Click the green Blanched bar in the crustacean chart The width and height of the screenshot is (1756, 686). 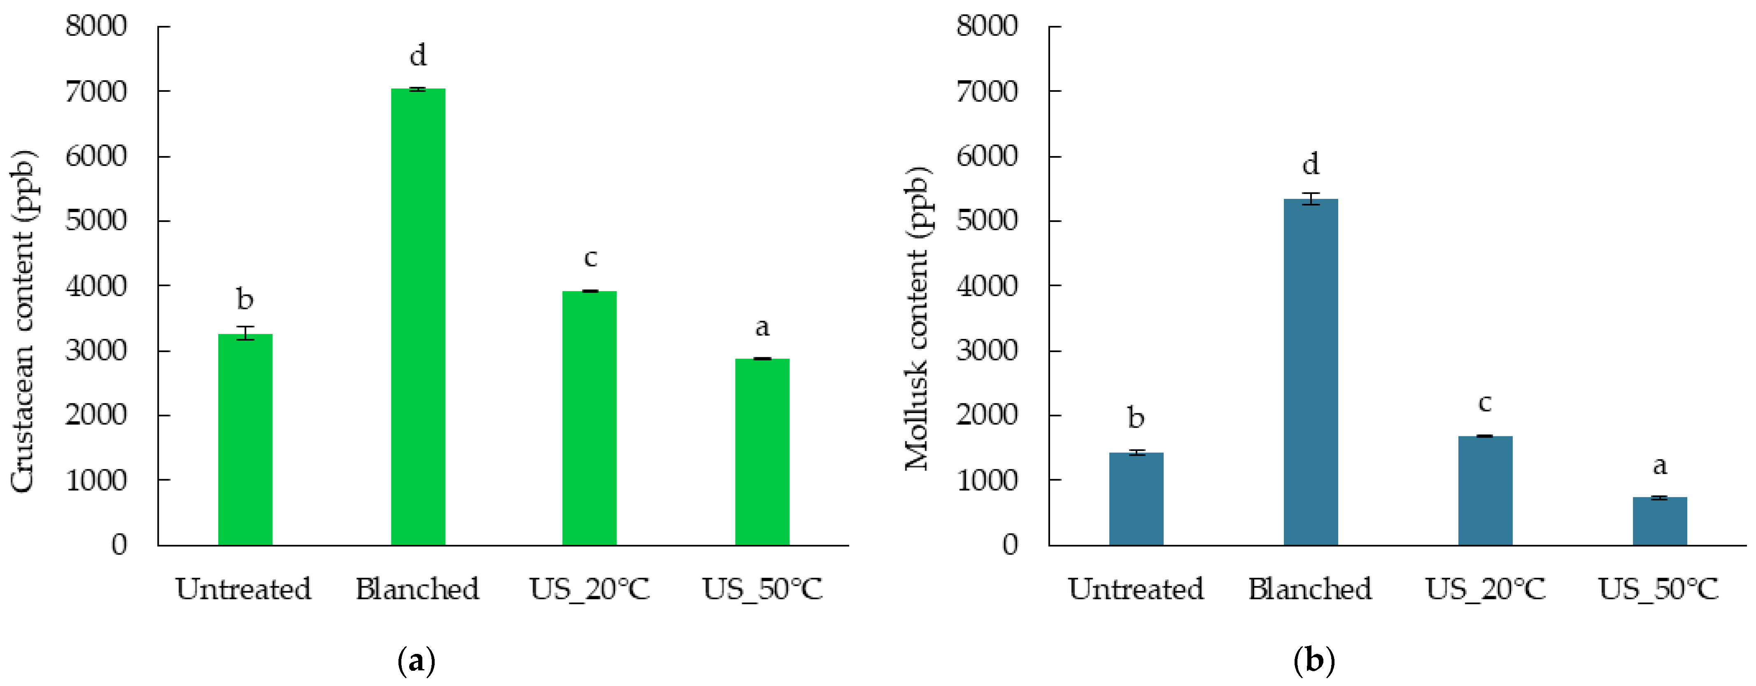[x=418, y=317]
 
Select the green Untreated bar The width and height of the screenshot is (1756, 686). [x=245, y=440]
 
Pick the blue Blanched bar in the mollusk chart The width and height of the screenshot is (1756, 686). [x=1310, y=372]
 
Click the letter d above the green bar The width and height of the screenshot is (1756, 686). [x=418, y=55]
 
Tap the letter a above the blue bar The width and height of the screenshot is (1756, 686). [x=1660, y=466]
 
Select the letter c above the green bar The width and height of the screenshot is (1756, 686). [x=590, y=258]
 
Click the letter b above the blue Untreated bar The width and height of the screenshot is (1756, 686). [x=1136, y=418]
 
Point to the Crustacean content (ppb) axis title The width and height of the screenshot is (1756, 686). [x=23, y=320]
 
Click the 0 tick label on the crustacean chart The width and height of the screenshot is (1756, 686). [x=119, y=545]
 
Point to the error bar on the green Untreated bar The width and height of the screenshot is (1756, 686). [x=245, y=333]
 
